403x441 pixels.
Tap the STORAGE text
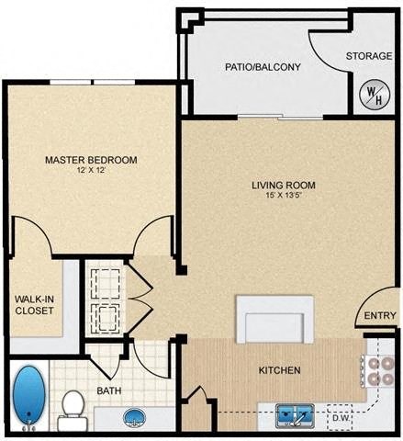[367, 56]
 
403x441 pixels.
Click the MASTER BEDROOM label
[91, 160]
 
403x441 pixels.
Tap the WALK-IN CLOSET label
[35, 304]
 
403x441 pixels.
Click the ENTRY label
[380, 317]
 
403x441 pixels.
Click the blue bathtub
[29, 397]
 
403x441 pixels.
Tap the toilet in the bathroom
[72, 409]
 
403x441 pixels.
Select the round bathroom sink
[134, 419]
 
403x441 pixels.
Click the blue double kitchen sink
[295, 416]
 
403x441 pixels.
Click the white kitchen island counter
[274, 319]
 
